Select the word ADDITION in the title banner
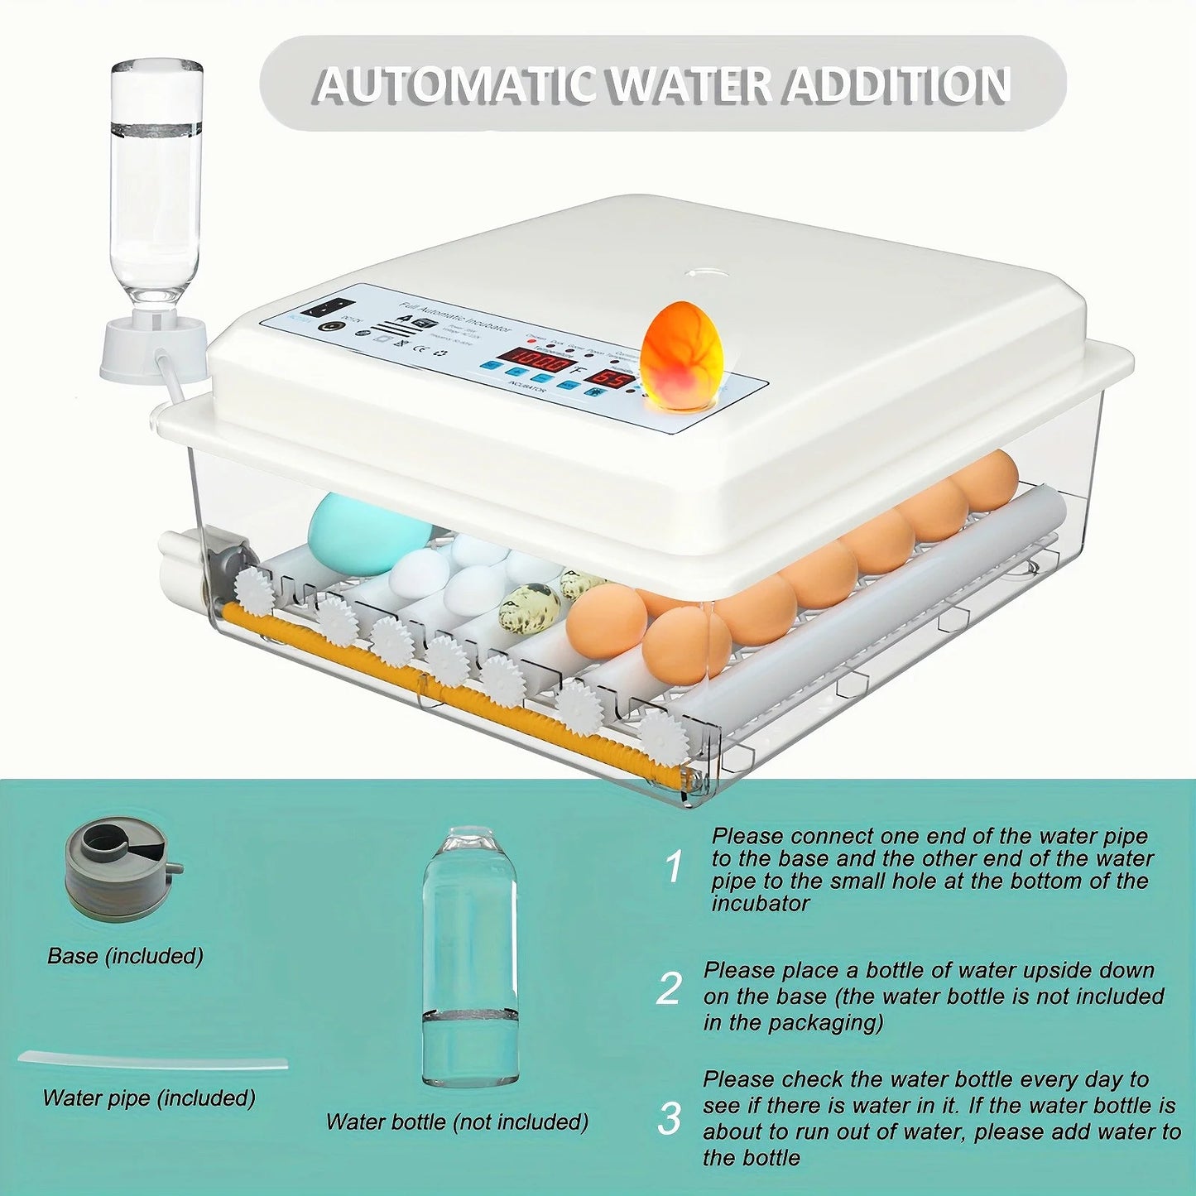[x=898, y=85]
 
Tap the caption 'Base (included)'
[x=125, y=956]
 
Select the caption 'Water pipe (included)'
[x=149, y=1098]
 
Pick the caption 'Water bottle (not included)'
[x=457, y=1122]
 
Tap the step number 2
[x=669, y=989]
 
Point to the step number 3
[x=669, y=1118]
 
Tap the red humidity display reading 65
[x=611, y=380]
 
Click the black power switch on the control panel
[x=320, y=308]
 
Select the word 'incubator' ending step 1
[x=760, y=904]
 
